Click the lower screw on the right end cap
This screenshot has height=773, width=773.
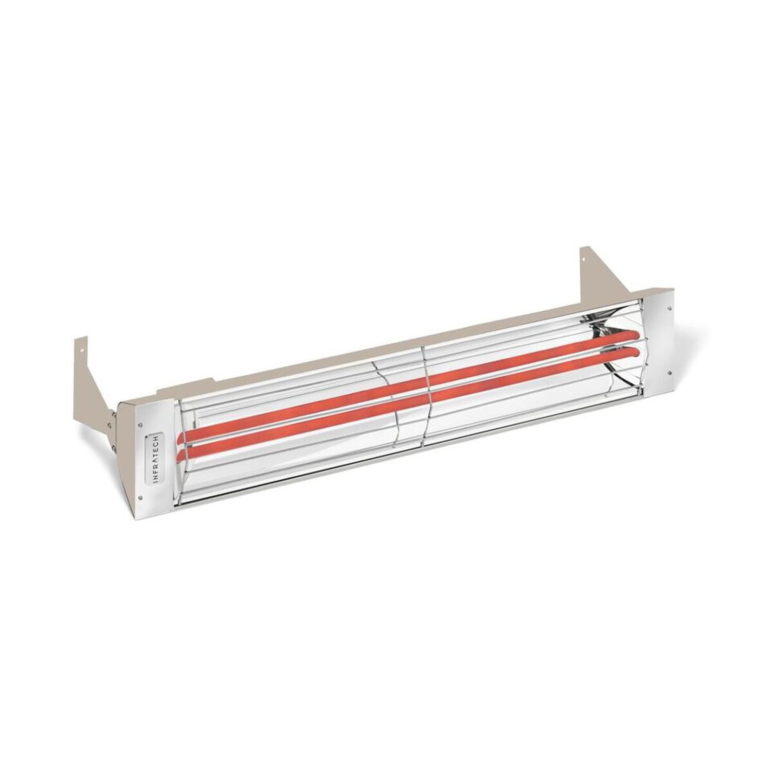pyautogui.click(x=669, y=369)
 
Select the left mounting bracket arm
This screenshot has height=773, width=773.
pyautogui.click(x=93, y=371)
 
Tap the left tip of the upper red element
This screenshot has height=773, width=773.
pyautogui.click(x=180, y=439)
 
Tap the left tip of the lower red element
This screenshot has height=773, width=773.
pyautogui.click(x=180, y=456)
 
